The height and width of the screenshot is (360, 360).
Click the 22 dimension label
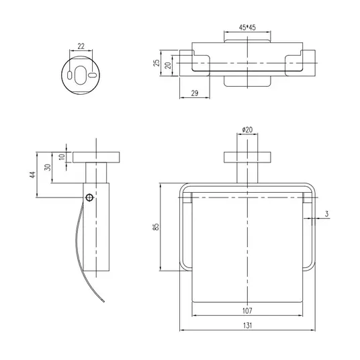81,46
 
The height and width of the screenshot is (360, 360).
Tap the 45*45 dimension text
247,28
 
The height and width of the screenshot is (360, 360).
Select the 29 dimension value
195,93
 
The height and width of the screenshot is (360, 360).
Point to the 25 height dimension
156,63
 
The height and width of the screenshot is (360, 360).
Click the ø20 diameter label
247,130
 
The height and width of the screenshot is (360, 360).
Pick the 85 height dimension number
156,227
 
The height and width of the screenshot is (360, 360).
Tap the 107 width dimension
247,311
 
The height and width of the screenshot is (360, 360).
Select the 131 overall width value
247,325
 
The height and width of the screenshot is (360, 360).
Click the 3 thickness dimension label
326,214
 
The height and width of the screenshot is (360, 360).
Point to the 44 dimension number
33,175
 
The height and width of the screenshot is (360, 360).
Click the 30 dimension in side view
48,167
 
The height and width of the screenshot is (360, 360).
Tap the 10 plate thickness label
62,157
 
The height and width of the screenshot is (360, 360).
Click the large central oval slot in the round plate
81,75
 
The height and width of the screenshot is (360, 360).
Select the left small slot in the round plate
69,75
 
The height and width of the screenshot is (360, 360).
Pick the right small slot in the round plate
92,75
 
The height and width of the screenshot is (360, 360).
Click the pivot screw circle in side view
89,197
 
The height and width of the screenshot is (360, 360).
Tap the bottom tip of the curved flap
104,302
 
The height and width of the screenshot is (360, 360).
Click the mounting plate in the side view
96,157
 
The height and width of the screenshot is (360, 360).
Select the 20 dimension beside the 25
169,65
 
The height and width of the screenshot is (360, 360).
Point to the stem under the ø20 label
247,168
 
